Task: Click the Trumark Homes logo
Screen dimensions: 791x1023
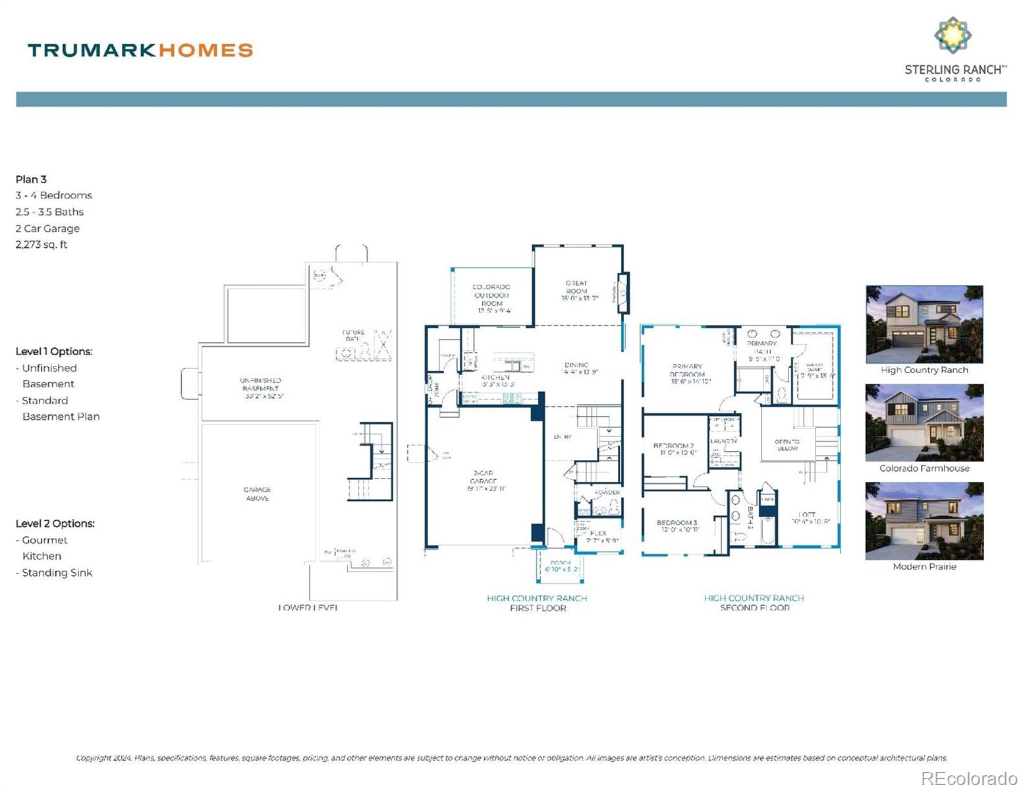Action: tap(140, 50)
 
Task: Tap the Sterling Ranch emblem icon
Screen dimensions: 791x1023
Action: tap(953, 35)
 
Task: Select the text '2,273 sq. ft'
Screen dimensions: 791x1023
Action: tap(41, 245)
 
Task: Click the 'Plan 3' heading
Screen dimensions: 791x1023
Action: tap(31, 179)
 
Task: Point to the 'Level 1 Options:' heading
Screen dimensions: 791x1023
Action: tap(54, 351)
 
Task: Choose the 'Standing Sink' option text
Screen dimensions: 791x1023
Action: tap(57, 573)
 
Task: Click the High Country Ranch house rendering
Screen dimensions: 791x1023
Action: tap(924, 324)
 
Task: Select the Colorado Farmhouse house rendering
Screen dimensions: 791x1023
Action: tap(924, 423)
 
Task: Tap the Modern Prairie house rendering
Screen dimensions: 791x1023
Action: tap(924, 521)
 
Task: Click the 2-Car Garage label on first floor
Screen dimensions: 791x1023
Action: tap(483, 481)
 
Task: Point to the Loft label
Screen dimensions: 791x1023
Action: tap(808, 517)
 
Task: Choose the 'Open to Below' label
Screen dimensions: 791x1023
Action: tap(787, 445)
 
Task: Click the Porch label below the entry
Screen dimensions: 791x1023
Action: tap(561, 566)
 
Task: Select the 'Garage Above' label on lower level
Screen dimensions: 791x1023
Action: tap(257, 494)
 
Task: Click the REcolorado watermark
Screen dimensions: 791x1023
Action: tap(968, 778)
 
